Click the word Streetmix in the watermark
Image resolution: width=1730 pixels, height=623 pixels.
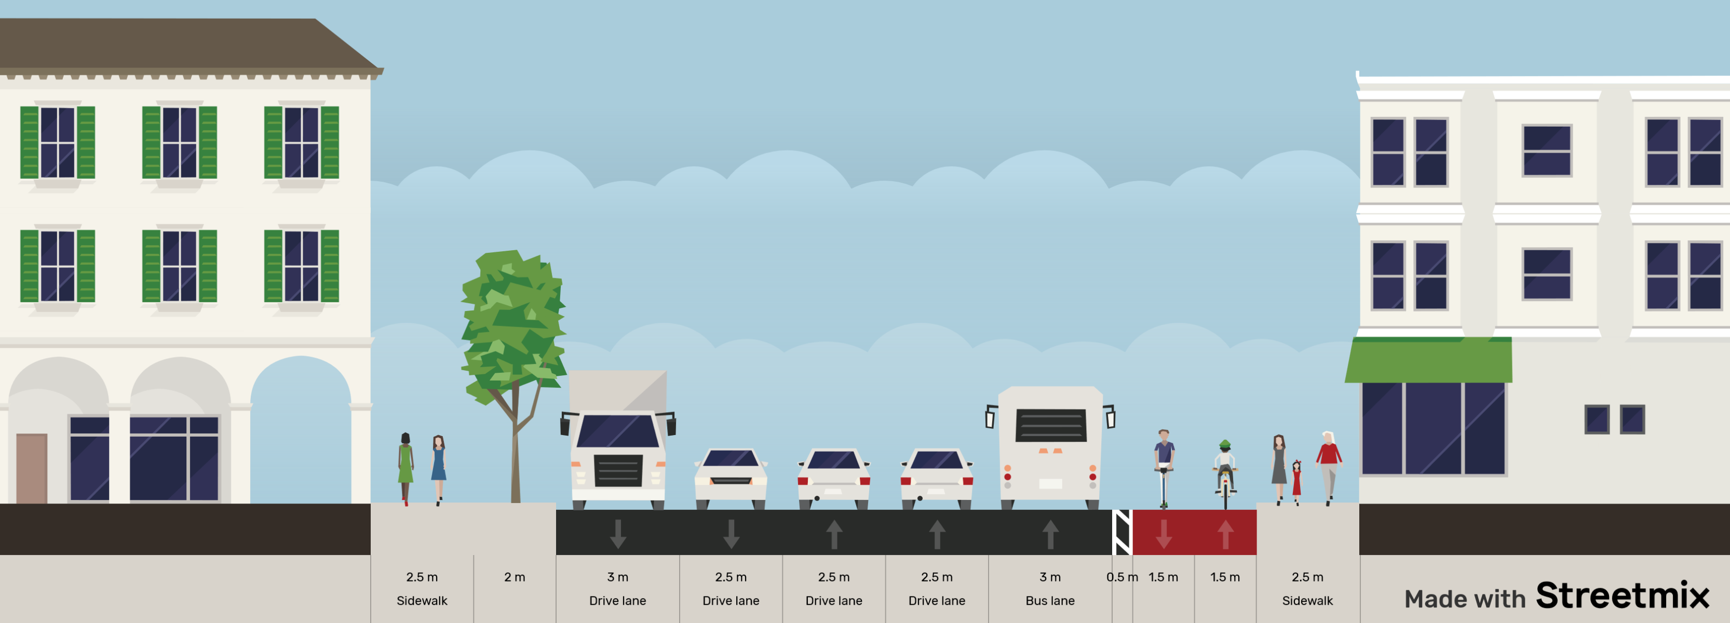click(x=1622, y=595)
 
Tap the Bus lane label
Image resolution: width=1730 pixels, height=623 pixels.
click(x=1050, y=601)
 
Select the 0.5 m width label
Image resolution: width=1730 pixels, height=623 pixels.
click(x=1121, y=577)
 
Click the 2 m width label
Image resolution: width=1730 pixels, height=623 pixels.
click(x=515, y=577)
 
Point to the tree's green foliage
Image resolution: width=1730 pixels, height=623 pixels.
click(x=514, y=322)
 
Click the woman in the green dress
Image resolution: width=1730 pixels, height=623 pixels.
click(x=405, y=467)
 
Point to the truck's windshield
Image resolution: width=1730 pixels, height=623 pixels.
click(x=617, y=430)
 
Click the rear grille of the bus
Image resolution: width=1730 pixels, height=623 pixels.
click(x=1050, y=426)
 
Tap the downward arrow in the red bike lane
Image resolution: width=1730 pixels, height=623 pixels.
click(x=1164, y=534)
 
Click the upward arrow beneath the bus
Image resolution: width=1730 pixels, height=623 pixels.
click(x=1050, y=534)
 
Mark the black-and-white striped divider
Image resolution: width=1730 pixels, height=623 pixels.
click(x=1122, y=532)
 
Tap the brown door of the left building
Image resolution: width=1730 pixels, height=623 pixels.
click(x=32, y=468)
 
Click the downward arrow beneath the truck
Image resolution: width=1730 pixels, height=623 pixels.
click(x=618, y=534)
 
